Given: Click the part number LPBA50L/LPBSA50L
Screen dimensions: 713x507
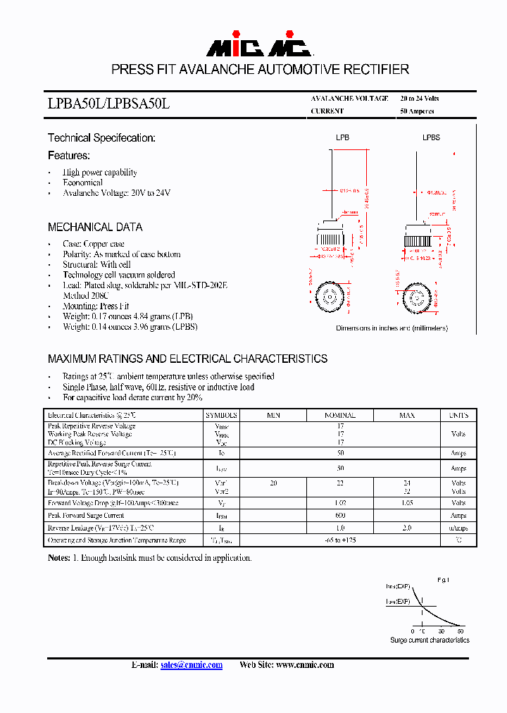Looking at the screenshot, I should pyautogui.click(x=109, y=104).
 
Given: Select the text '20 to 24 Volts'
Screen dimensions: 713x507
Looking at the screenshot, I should pyautogui.click(x=419, y=99).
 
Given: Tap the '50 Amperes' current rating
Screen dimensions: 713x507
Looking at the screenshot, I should pyautogui.click(x=417, y=111).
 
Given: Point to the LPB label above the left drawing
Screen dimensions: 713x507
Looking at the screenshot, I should pyautogui.click(x=342, y=138).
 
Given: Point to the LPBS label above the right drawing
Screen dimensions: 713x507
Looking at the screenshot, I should pyautogui.click(x=431, y=138).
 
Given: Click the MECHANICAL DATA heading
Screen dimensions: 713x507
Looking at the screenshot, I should pyautogui.click(x=95, y=227).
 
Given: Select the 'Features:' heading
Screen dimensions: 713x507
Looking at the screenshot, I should pyautogui.click(x=69, y=155).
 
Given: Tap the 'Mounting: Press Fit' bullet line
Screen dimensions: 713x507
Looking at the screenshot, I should pyautogui.click(x=96, y=306).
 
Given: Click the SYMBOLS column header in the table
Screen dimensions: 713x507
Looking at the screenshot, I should pyautogui.click(x=222, y=416).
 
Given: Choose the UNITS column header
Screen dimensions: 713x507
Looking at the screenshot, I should pyautogui.click(x=458, y=416).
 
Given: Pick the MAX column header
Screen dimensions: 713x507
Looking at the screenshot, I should pyautogui.click(x=407, y=416).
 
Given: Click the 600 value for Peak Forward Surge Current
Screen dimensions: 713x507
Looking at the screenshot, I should pyautogui.click(x=340, y=516).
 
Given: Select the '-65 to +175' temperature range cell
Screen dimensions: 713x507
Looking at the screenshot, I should pyautogui.click(x=340, y=540).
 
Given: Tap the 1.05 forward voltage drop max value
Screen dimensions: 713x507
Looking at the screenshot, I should pyautogui.click(x=407, y=503).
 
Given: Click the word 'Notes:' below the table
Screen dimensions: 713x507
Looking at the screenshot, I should pyautogui.click(x=59, y=558).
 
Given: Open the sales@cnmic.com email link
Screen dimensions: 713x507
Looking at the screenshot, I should pyautogui.click(x=192, y=665).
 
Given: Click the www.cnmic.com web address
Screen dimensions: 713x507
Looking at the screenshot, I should pyautogui.click(x=304, y=665).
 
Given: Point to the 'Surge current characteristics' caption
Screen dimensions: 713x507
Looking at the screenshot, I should pyautogui.click(x=430, y=640).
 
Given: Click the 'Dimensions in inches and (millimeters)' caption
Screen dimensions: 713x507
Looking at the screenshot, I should pyautogui.click(x=392, y=328).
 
